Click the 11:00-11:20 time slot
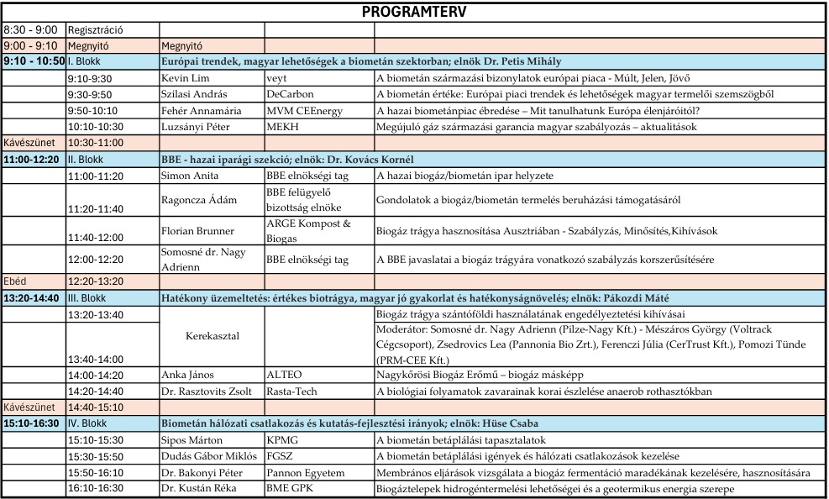(x=95, y=176)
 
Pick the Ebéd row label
(x=16, y=281)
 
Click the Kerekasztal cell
(x=211, y=336)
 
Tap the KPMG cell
(x=282, y=440)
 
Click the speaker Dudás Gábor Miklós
(x=205, y=456)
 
